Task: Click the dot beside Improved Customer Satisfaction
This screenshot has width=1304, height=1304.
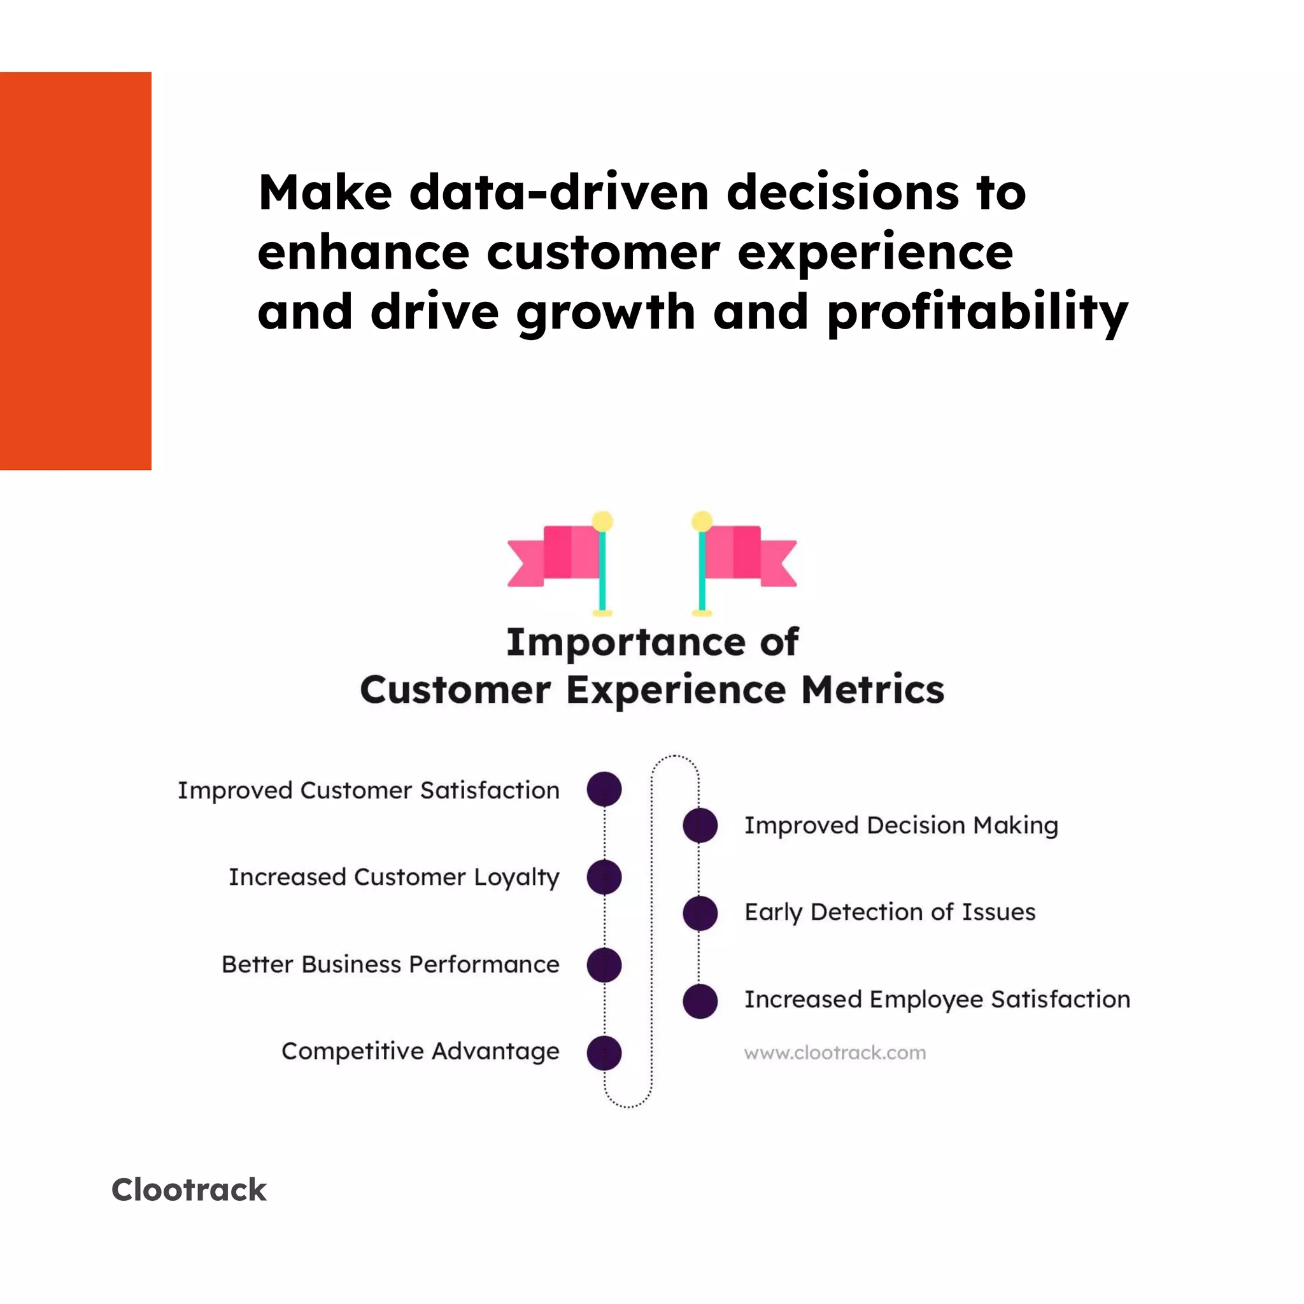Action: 604,789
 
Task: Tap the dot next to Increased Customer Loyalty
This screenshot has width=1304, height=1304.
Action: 604,877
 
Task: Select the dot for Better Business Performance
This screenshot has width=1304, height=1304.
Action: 604,965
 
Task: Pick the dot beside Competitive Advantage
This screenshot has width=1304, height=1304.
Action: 604,1052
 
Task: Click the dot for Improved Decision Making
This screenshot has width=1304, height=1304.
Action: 700,825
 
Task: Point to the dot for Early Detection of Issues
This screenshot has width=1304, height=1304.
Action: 700,912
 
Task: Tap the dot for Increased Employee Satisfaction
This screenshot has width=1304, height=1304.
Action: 700,1000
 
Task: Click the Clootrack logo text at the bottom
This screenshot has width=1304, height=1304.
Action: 189,1190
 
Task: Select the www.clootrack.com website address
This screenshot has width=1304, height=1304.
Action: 835,1053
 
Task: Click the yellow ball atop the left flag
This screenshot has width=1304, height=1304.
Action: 602,521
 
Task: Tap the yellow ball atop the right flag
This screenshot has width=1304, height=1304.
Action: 702,521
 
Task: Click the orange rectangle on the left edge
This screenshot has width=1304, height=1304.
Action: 76,271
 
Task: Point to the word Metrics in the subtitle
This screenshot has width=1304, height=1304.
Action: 872,690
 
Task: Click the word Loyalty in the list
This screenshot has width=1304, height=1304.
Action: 516,877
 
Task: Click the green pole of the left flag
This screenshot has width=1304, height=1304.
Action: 602,574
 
